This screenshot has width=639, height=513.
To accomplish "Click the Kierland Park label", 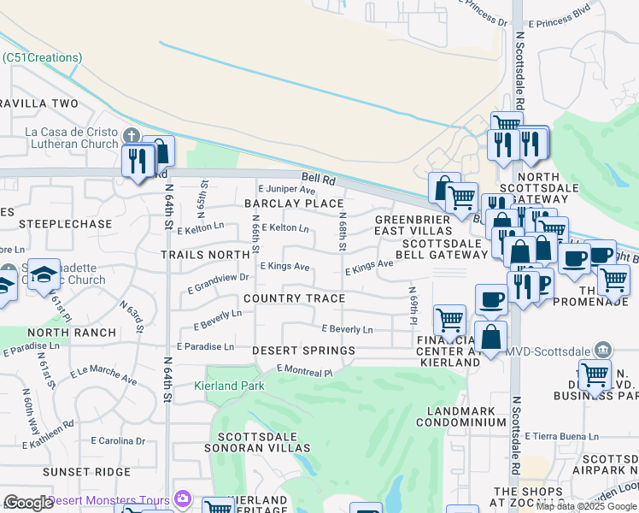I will (x=235, y=386).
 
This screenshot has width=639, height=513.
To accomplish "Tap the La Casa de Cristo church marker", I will (x=131, y=137).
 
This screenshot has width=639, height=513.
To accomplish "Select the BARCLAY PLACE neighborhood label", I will (x=293, y=203).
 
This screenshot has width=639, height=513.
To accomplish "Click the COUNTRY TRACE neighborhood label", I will (x=294, y=298).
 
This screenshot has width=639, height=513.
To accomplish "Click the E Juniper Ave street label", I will (x=286, y=189).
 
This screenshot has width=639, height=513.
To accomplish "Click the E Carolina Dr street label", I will (x=118, y=441).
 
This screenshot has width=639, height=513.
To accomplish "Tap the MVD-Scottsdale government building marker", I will (x=603, y=350).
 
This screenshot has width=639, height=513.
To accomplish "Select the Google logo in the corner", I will (x=28, y=503).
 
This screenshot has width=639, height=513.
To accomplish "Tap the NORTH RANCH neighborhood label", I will (x=71, y=333).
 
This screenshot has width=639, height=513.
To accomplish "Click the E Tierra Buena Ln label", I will (x=561, y=436).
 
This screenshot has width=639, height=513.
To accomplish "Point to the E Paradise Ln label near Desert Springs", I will (x=205, y=346).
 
